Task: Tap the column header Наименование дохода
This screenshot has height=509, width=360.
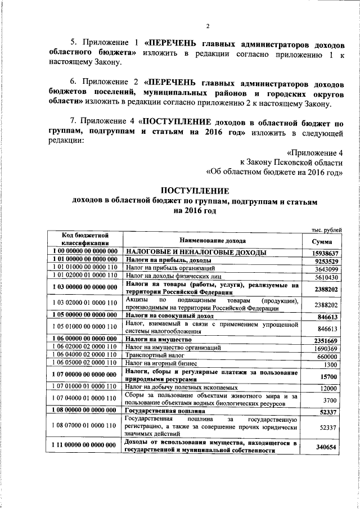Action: [211, 240]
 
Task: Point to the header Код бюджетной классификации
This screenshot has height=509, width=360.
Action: [85, 238]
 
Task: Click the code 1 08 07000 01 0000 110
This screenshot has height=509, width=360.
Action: [85, 427]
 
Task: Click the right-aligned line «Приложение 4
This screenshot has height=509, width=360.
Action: [314, 152]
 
